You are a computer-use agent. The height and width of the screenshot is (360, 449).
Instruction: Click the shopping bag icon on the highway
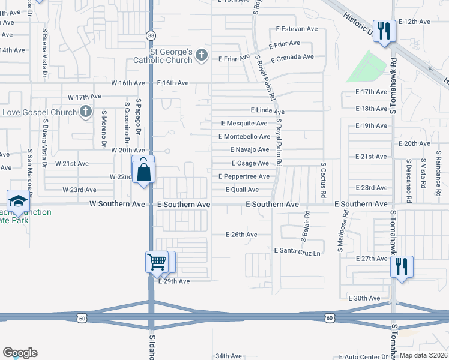[x=145, y=172]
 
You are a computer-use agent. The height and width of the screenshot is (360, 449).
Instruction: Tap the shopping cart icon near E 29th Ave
[x=157, y=261]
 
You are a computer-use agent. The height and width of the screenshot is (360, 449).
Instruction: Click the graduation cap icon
[x=18, y=201]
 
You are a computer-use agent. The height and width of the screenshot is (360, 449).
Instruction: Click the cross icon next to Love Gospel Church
[x=86, y=112]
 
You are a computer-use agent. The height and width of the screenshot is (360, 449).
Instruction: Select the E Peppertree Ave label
[x=244, y=176]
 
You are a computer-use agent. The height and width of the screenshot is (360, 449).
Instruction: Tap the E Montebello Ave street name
[x=244, y=137]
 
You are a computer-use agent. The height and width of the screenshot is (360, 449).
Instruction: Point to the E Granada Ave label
[x=292, y=58]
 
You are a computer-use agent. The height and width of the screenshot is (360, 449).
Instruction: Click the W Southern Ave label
[x=117, y=204]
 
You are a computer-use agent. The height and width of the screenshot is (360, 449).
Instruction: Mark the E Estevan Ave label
[x=297, y=29]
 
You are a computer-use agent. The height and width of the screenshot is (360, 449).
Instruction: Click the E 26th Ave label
[x=241, y=235]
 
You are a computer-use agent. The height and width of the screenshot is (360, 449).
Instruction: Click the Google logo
[x=20, y=353]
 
